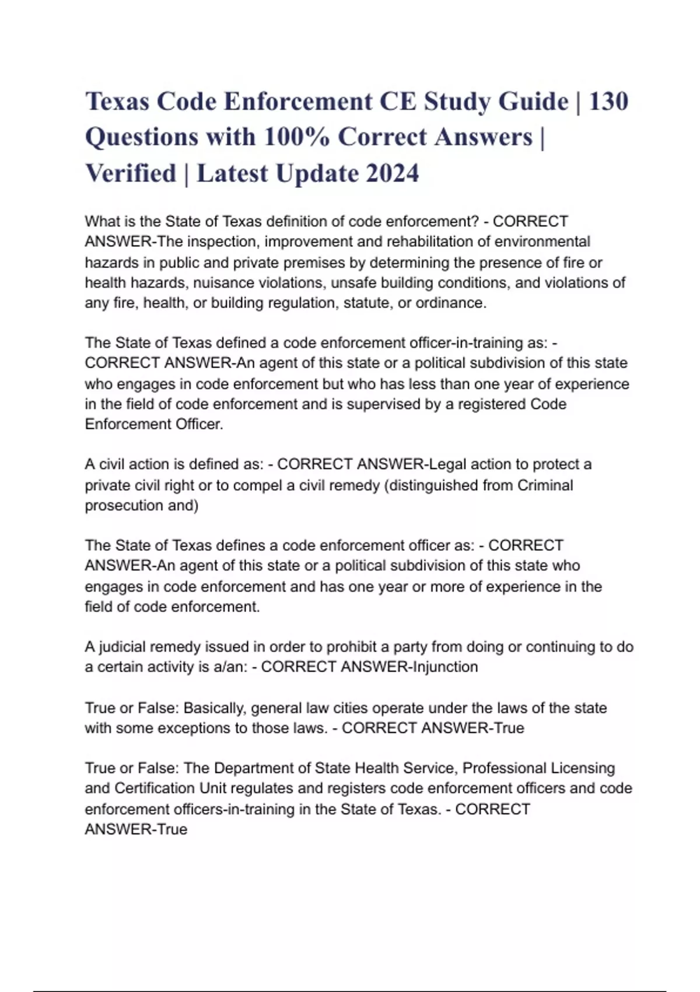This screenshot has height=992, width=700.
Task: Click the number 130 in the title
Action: click(x=608, y=102)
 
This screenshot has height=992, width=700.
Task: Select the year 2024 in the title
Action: click(x=392, y=173)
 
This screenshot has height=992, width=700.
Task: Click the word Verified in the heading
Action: click(x=131, y=173)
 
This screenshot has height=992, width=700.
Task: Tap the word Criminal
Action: click(x=545, y=485)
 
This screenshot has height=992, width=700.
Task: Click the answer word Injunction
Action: click(x=445, y=667)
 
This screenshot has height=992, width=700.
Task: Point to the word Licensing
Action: click(x=576, y=769)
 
